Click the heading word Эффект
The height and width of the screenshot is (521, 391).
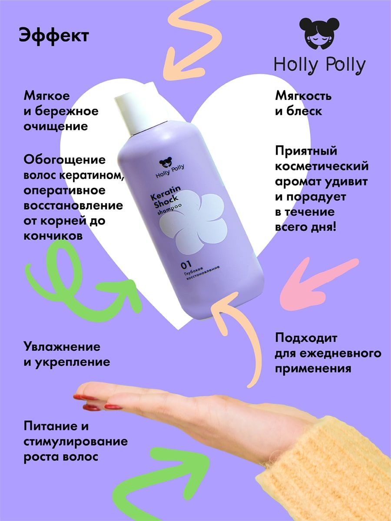pyautogui.click(x=54, y=36)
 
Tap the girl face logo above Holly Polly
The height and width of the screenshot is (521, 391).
pyautogui.click(x=319, y=34)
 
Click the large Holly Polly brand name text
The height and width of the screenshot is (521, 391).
pyautogui.click(x=320, y=65)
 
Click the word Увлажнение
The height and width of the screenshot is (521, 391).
pyautogui.click(x=62, y=347)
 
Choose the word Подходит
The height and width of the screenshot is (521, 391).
pyautogui.click(x=306, y=338)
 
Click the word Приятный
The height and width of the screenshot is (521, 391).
pyautogui.click(x=306, y=151)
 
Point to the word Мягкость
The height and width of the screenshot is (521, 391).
pyautogui.click(x=303, y=96)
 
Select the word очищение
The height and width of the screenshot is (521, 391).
pyautogui.click(x=56, y=126)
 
